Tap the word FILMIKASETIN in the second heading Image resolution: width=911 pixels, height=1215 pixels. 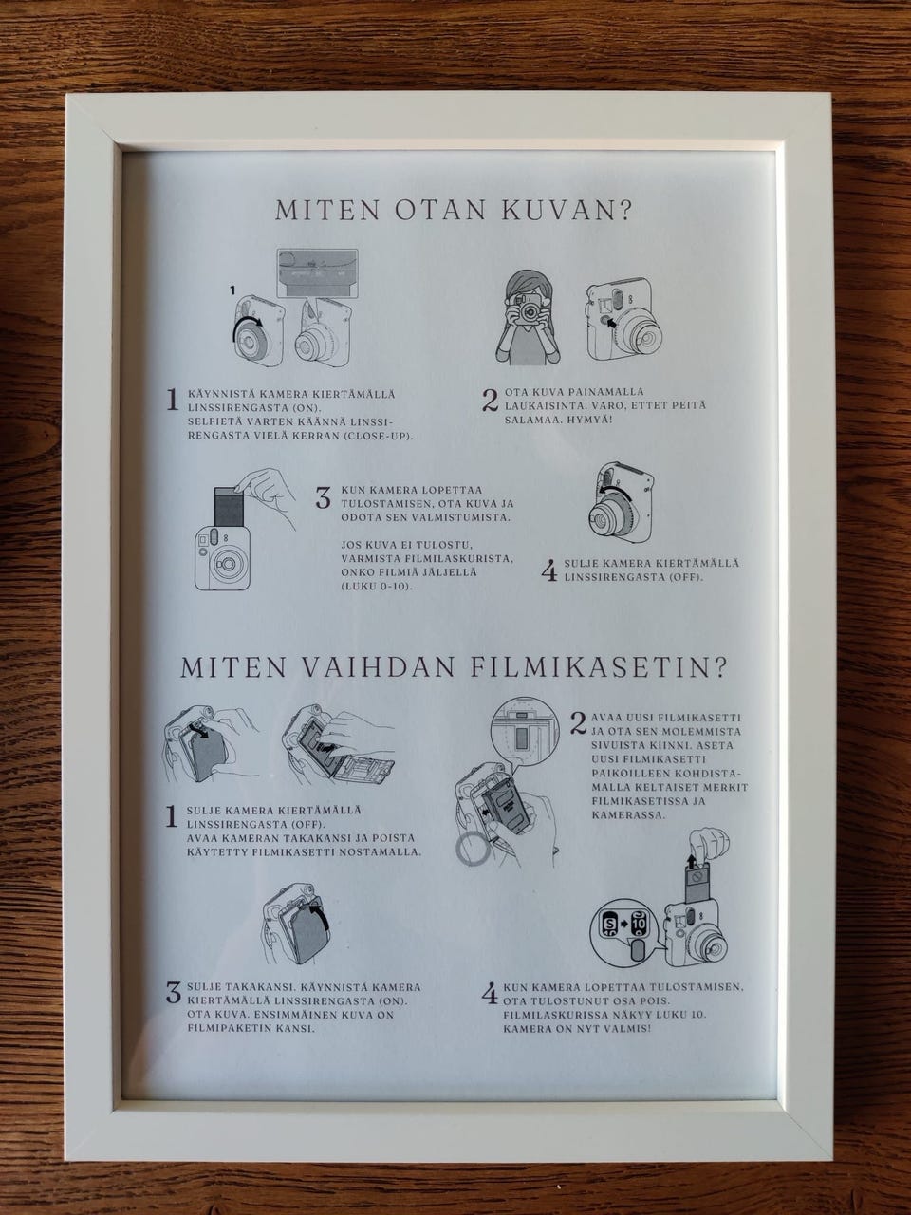click(597, 668)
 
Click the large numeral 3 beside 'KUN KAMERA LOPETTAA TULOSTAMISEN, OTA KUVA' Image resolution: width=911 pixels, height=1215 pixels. click(323, 497)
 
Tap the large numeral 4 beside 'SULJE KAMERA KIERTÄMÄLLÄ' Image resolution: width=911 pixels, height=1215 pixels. click(549, 571)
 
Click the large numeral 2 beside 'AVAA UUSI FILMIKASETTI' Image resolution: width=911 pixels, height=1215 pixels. click(579, 722)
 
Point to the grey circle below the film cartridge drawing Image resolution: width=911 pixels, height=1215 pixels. click(474, 849)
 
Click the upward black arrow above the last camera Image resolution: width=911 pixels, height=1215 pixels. click(691, 863)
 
